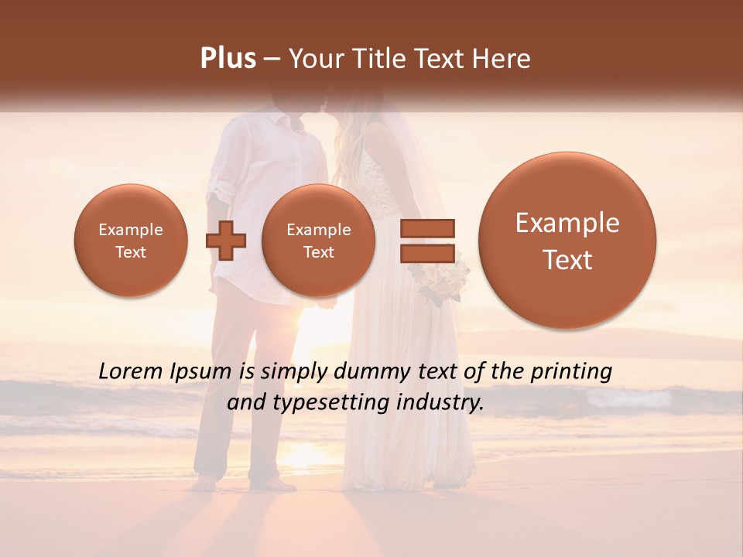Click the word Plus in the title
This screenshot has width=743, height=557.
pyautogui.click(x=228, y=59)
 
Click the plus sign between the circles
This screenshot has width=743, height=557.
pyautogui.click(x=225, y=241)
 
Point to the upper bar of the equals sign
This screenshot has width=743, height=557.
pyautogui.click(x=426, y=228)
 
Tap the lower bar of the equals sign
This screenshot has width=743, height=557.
pyautogui.click(x=426, y=254)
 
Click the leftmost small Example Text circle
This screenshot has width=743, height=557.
pyautogui.click(x=131, y=241)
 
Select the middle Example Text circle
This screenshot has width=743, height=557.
pyautogui.click(x=319, y=241)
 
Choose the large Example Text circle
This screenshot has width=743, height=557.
pyautogui.click(x=567, y=241)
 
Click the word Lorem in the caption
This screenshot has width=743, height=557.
pyautogui.click(x=132, y=371)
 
